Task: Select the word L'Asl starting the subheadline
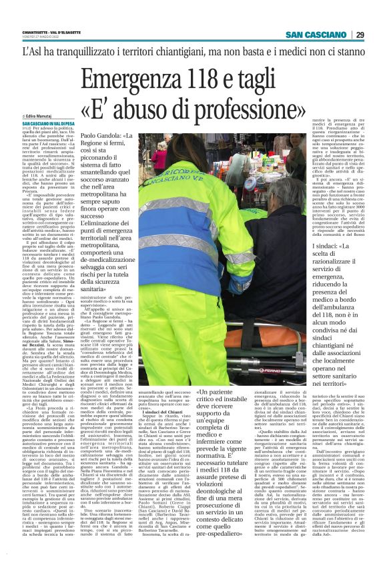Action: pos(34,52)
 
